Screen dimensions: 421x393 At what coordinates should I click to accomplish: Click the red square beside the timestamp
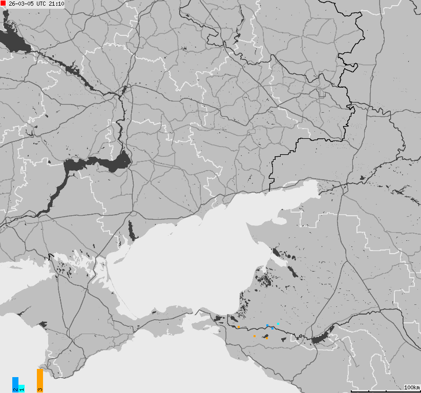click(x=3, y=4)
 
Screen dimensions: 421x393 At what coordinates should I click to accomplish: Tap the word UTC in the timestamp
click(x=39, y=4)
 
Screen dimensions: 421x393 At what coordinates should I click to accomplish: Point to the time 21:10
click(x=56, y=4)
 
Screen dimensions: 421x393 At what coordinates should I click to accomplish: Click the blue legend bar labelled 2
click(x=15, y=384)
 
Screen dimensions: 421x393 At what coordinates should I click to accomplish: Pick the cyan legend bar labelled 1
click(x=22, y=388)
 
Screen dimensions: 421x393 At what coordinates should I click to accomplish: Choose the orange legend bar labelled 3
click(x=40, y=380)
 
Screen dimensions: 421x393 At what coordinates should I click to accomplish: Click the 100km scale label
click(x=412, y=387)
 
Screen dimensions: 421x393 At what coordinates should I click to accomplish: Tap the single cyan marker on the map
click(x=278, y=324)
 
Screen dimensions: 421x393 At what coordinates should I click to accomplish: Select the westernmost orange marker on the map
click(x=239, y=326)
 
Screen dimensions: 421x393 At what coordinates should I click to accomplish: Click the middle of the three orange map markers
click(x=255, y=336)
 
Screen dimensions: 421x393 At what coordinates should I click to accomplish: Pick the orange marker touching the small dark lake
click(x=267, y=338)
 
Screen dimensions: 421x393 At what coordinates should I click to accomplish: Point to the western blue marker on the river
click(x=267, y=326)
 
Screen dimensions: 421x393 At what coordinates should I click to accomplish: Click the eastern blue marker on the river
click(x=272, y=328)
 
